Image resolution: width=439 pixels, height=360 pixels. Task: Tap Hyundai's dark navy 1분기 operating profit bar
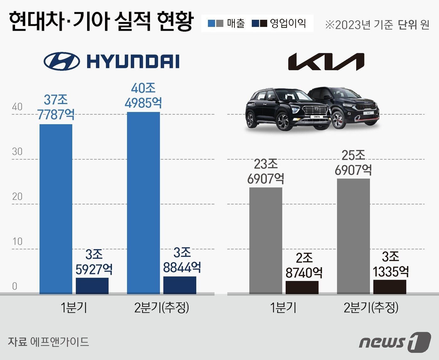tap(92, 286)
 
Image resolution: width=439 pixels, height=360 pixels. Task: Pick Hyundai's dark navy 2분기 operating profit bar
tap(180, 285)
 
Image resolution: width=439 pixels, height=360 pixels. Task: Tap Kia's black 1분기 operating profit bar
tap(302, 287)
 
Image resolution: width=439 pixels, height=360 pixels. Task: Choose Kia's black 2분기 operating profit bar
tap(390, 287)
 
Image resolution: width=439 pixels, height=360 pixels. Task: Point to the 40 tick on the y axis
tap(17, 107)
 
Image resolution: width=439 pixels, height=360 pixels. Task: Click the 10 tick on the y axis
tap(17, 241)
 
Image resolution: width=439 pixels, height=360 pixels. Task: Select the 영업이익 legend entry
tap(279, 24)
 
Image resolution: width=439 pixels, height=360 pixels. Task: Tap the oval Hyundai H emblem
tap(61, 61)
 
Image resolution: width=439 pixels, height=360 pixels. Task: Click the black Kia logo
tap(326, 61)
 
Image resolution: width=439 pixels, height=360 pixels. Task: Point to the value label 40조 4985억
tap(143, 96)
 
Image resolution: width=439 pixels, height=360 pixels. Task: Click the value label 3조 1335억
tap(391, 264)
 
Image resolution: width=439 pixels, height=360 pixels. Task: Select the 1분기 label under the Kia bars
tap(283, 308)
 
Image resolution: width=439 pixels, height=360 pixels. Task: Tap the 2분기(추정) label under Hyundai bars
tap(161, 308)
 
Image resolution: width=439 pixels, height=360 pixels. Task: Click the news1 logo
tap(395, 341)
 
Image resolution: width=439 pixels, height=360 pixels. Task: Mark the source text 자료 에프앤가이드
tap(48, 341)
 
